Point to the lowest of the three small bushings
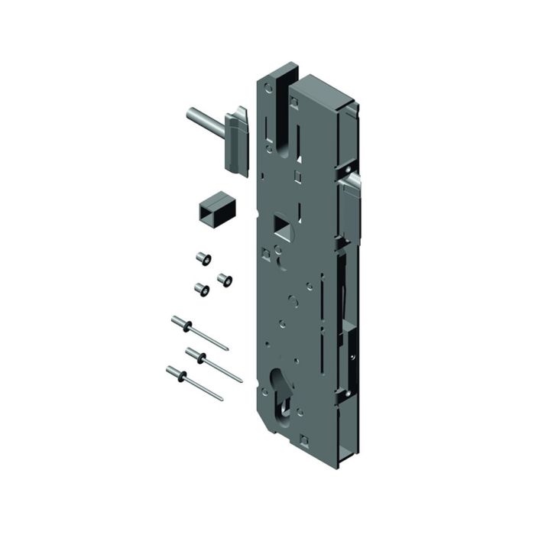(199, 290)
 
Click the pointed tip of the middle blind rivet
(242, 380)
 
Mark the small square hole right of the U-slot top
(300, 96)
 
